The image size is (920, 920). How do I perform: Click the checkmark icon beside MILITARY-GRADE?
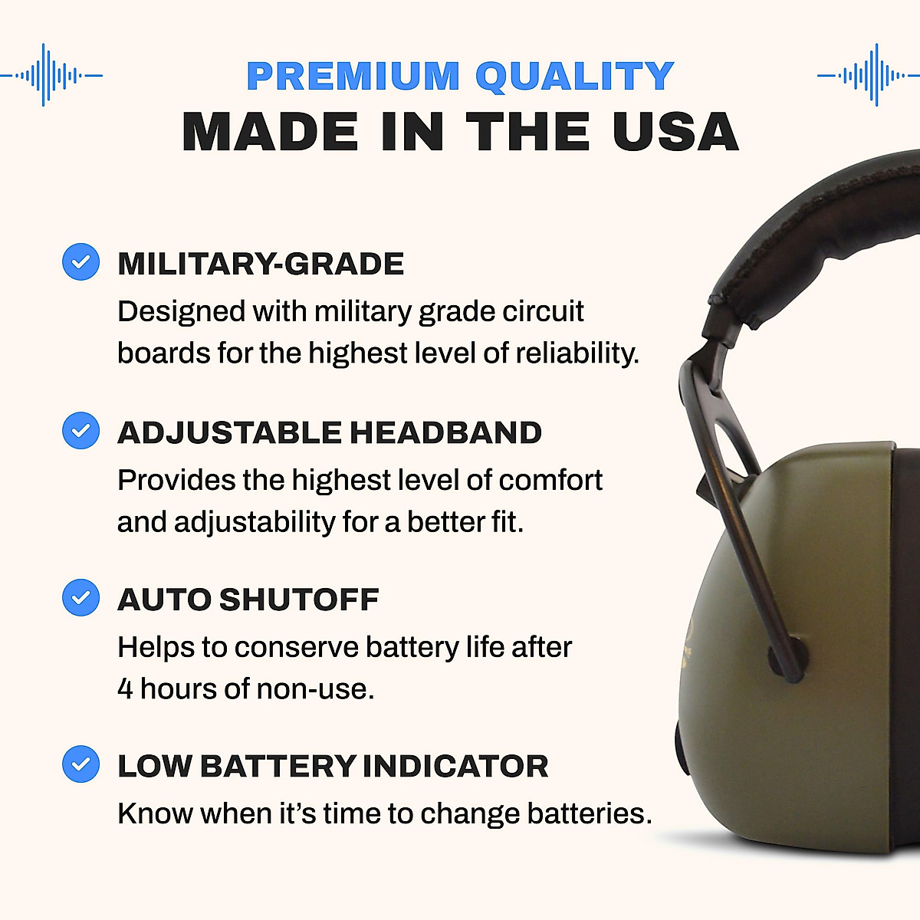point(80,262)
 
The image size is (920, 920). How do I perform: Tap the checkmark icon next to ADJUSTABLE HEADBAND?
point(80,430)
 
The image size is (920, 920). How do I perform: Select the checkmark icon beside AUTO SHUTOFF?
point(80,597)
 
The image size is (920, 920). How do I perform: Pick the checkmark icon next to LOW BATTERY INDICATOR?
point(80,764)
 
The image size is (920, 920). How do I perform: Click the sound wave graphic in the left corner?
point(51,75)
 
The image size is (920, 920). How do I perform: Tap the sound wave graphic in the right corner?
point(869,75)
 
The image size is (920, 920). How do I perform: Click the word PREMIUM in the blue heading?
point(353,76)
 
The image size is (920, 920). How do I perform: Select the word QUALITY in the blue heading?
point(574,76)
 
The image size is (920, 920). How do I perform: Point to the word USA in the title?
point(675,132)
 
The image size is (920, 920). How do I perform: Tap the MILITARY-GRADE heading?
point(261,264)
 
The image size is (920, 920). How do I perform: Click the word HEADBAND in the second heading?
point(445,432)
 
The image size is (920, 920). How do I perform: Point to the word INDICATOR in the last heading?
point(455,766)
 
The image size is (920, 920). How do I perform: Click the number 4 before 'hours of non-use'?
point(125,688)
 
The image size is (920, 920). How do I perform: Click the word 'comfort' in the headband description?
point(550,481)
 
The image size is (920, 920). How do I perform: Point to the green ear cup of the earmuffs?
point(828,652)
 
